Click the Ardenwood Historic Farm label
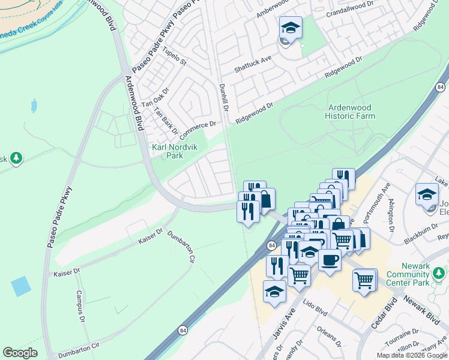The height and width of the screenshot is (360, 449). [x=351, y=112]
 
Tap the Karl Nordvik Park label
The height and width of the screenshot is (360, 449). [x=166, y=151]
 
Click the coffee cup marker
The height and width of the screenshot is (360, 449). [x=330, y=260]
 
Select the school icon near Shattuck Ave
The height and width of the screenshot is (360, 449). [x=291, y=28]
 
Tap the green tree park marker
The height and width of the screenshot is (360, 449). [x=16, y=158]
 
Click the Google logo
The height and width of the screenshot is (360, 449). [x=20, y=353]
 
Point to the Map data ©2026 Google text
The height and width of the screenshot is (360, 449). [x=411, y=355]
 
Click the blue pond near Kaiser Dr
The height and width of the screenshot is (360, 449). [x=20, y=286]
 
